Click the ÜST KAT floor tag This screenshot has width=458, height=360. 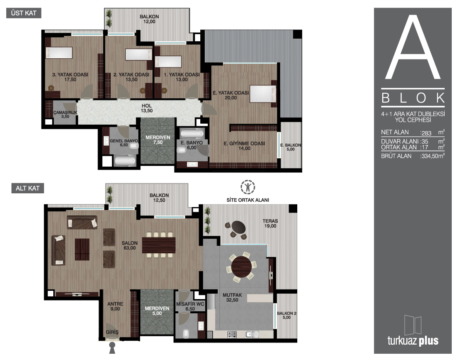pyautogui.click(x=24, y=13)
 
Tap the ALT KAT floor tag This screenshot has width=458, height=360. pyautogui.click(x=28, y=188)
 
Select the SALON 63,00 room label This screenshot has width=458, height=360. pyautogui.click(x=129, y=245)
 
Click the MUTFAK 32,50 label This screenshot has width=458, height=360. pyautogui.click(x=232, y=297)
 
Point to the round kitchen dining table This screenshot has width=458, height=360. pyautogui.click(x=241, y=266)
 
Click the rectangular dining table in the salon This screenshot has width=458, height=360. pyautogui.click(x=159, y=245)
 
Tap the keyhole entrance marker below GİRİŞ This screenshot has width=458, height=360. pyautogui.click(x=112, y=348)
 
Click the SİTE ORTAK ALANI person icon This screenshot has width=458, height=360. pyautogui.click(x=248, y=187)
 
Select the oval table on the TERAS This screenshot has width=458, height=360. pyautogui.click(x=238, y=226)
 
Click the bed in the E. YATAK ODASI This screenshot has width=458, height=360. pyautogui.click(x=263, y=93)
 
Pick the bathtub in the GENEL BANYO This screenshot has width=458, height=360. pyautogui.click(x=125, y=160)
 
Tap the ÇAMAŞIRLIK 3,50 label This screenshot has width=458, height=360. pyautogui.click(x=65, y=114)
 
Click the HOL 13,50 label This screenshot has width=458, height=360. pyautogui.click(x=147, y=108)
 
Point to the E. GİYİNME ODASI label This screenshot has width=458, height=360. pyautogui.click(x=244, y=146)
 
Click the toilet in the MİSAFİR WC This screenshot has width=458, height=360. pyautogui.click(x=186, y=333)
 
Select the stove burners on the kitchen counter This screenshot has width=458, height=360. pyautogui.click(x=232, y=334)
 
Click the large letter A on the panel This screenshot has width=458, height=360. pyautogui.click(x=413, y=47)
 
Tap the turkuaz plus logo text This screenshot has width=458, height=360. pyautogui.click(x=413, y=340)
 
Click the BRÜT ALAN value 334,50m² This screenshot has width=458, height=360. pyautogui.click(x=432, y=156)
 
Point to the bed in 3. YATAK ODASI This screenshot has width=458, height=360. pyautogui.click(x=59, y=53)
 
